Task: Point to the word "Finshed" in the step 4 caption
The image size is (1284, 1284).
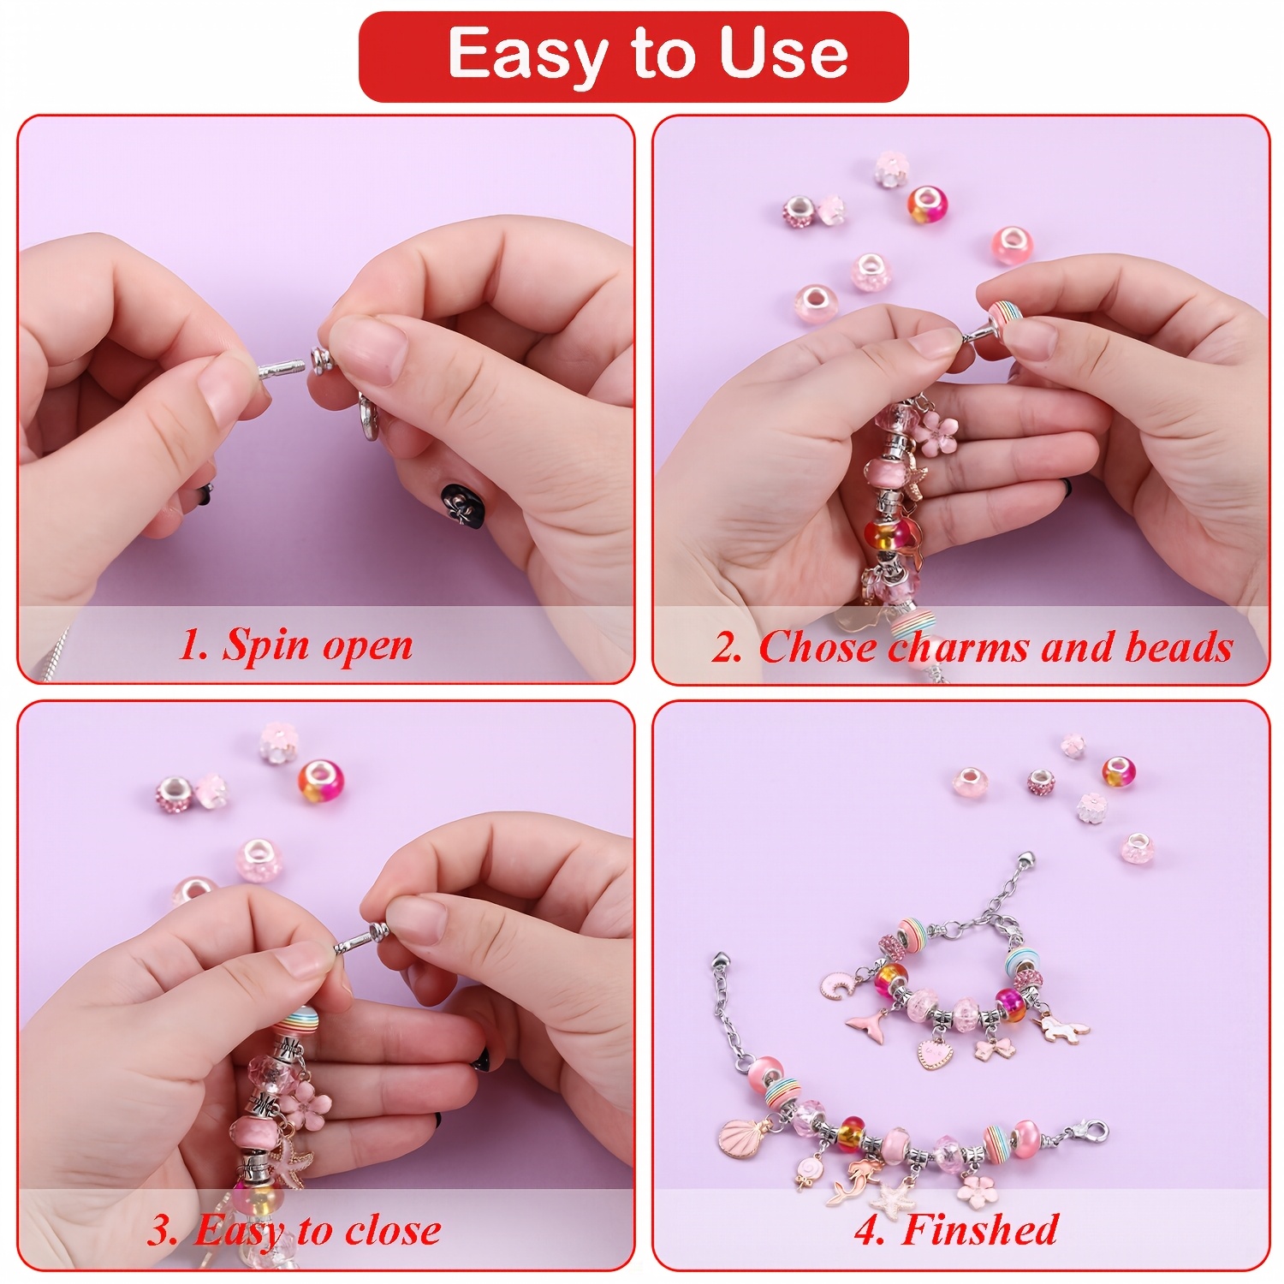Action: click(x=980, y=1230)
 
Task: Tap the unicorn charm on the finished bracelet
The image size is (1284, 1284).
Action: click(x=1064, y=1025)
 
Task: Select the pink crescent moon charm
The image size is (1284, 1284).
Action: click(x=841, y=987)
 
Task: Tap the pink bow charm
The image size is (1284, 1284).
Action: click(x=992, y=1047)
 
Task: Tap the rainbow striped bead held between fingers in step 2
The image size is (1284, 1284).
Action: click(x=1004, y=314)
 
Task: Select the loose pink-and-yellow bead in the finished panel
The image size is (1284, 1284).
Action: click(x=1119, y=770)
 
